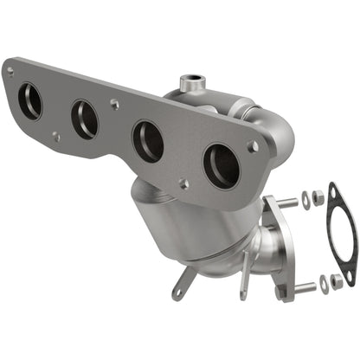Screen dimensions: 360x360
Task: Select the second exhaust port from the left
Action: (x=85, y=119)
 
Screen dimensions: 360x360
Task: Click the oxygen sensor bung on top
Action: (x=192, y=84)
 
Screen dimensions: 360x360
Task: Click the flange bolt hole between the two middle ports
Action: (x=115, y=104)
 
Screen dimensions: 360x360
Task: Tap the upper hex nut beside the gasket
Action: (x=318, y=198)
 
